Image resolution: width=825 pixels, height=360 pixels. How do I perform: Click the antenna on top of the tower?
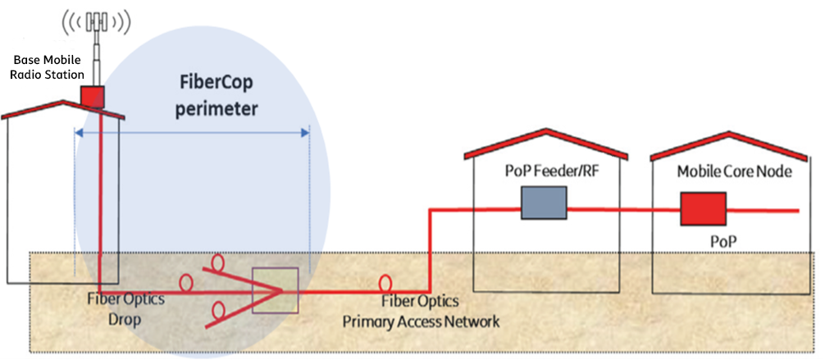tap(96, 21)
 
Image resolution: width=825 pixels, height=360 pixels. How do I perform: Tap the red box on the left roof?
tap(93, 96)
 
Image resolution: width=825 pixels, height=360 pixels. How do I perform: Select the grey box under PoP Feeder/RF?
tap(544, 203)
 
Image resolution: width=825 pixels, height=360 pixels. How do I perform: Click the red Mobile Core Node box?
tap(703, 209)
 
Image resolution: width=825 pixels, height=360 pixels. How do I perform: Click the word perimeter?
tap(217, 109)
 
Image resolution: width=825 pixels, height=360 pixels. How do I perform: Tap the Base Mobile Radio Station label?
tap(47, 67)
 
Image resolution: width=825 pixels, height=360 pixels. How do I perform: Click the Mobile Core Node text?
tap(734, 171)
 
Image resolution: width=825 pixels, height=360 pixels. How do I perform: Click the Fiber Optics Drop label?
tap(125, 310)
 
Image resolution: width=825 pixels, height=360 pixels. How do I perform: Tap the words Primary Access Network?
tap(421, 321)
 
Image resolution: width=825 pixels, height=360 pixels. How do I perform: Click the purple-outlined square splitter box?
tap(276, 290)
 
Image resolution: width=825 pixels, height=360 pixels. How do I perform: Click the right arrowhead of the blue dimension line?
tap(304, 133)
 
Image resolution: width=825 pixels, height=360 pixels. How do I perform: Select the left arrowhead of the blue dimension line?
tap(79, 133)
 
